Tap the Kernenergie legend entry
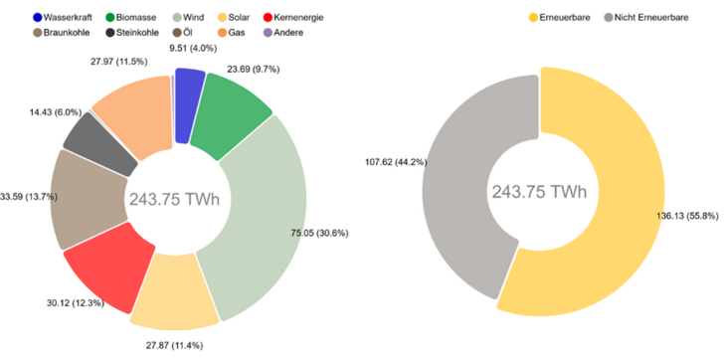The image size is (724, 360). tap(298, 18)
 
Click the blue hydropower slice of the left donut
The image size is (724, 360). tap(188, 90)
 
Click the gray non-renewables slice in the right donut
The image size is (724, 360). tap(457, 179)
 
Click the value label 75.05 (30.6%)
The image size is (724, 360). tap(334, 233)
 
